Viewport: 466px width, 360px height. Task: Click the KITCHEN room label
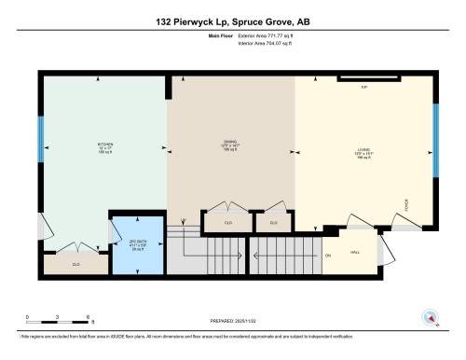105,145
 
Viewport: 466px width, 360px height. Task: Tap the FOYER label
406,204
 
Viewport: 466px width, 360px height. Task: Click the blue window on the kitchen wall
40,140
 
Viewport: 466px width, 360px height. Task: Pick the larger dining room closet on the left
229,223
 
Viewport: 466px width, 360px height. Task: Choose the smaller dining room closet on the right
273,223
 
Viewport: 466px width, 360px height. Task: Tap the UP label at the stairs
185,223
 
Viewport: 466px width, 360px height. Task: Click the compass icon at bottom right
431,317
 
